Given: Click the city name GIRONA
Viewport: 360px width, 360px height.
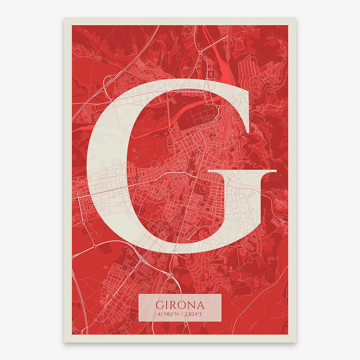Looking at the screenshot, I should [180, 305].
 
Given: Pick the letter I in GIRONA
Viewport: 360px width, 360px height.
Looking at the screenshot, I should [167, 305].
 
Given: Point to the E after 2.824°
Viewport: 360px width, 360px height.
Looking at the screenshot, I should [201, 314].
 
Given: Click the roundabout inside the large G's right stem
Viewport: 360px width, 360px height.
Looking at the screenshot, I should [227, 185].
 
